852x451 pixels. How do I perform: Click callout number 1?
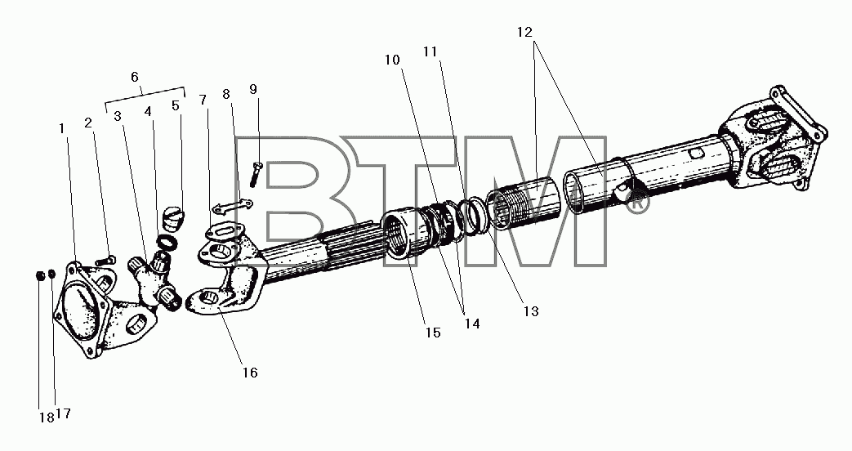coord(62,129)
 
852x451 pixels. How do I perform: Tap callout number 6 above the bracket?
coord(135,77)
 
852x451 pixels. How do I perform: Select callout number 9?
coord(253,89)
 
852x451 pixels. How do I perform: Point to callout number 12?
coord(524,32)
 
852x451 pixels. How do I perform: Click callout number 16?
coord(250,373)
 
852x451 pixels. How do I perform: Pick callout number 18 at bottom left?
coord(46,418)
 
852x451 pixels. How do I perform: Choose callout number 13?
coord(531,311)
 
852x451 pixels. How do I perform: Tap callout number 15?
coord(433,333)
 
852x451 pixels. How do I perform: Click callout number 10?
coord(392,60)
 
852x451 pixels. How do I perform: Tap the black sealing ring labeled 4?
coord(165,240)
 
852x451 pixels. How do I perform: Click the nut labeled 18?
coord(41,275)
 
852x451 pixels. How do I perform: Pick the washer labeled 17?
coord(51,274)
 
